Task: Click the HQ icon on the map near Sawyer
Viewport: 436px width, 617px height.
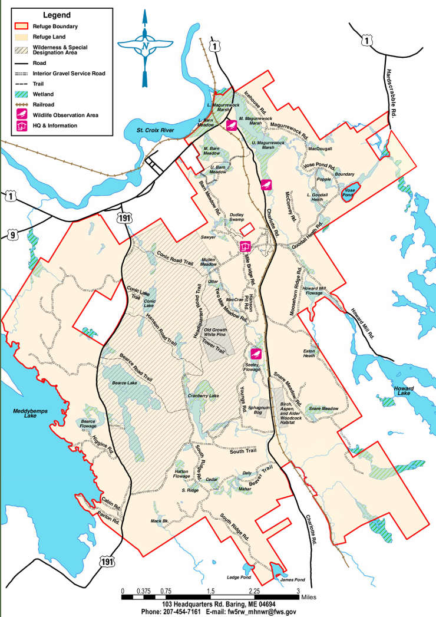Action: (x=245, y=246)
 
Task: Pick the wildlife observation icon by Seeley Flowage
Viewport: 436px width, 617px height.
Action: (x=256, y=354)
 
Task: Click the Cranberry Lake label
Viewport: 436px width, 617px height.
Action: (x=203, y=395)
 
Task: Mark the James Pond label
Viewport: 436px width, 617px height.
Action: (x=293, y=580)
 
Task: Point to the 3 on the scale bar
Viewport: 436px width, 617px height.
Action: (x=298, y=591)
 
